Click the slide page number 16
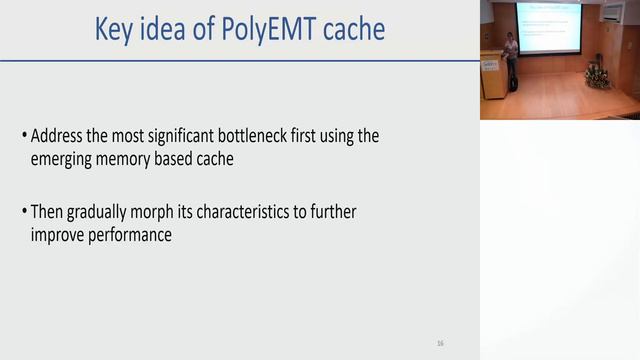(x=440, y=343)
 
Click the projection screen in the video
(x=548, y=27)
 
